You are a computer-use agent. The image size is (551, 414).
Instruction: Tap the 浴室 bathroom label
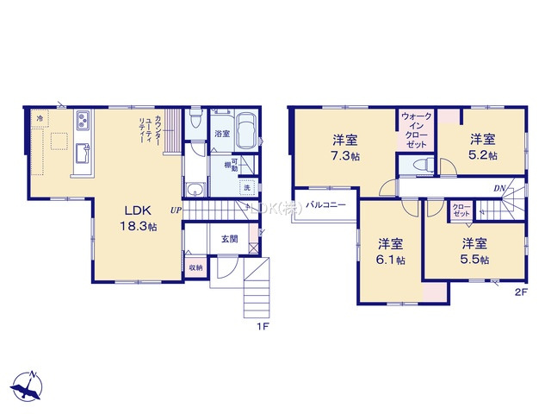(x=222, y=134)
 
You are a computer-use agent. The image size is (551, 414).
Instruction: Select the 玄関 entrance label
(x=229, y=239)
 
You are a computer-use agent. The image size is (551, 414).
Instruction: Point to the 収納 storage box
(x=196, y=267)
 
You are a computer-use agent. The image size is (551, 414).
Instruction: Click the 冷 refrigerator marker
(x=40, y=116)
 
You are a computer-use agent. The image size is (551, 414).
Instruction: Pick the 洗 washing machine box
(x=247, y=187)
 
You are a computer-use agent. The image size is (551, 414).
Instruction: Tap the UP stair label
(x=176, y=210)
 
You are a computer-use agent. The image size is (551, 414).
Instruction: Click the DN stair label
(x=498, y=189)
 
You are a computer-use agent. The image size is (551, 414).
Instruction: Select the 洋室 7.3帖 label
(x=346, y=147)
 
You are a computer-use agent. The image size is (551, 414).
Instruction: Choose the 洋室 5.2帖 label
(x=482, y=147)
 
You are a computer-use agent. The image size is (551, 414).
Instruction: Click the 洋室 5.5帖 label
(x=474, y=251)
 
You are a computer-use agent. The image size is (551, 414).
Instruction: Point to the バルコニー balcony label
(x=326, y=205)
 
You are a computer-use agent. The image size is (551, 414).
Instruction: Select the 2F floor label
(x=520, y=292)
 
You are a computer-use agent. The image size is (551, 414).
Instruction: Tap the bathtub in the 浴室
(x=247, y=132)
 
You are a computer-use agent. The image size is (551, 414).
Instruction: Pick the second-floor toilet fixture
(x=421, y=165)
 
